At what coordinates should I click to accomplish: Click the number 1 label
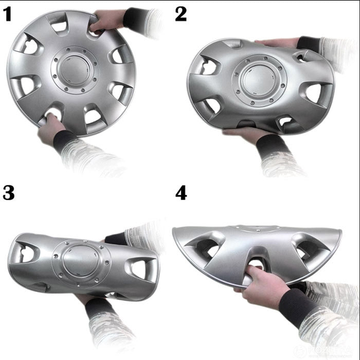click(8, 15)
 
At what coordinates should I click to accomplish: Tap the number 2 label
click(181, 14)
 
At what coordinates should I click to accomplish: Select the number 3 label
click(9, 193)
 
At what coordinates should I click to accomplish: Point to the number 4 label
click(181, 193)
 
